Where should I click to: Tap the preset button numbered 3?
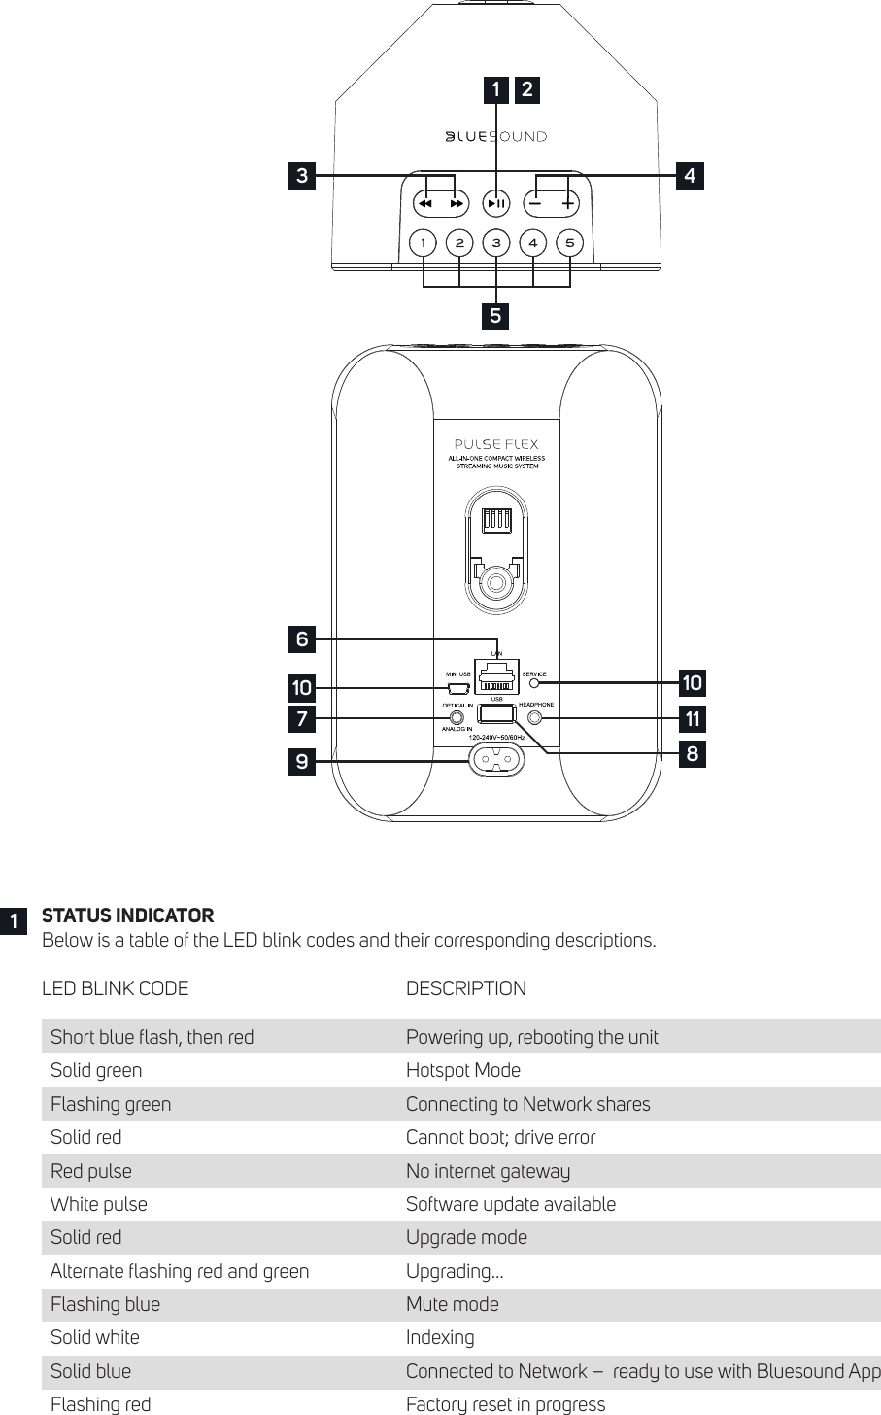496,242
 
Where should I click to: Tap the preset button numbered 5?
570,242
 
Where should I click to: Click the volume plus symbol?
569,204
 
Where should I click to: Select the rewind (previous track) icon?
424,204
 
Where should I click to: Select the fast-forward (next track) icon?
457,204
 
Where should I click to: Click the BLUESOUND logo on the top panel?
495,137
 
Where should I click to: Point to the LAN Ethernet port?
496,673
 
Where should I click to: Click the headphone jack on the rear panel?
535,719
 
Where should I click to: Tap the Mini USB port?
458,689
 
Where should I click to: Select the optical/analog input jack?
457,719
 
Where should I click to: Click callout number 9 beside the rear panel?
302,763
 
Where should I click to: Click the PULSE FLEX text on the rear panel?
496,445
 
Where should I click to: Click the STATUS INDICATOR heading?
127,915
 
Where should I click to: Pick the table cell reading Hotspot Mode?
463,1070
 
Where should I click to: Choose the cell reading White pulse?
99,1204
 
